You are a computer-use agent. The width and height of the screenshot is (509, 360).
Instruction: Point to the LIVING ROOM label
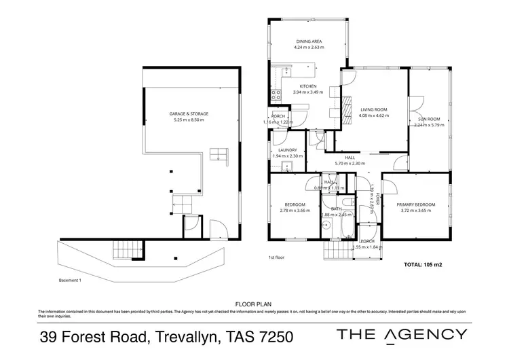373,109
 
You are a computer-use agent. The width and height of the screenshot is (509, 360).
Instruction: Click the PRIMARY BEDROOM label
416,204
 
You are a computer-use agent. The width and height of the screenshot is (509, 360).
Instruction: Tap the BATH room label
335,209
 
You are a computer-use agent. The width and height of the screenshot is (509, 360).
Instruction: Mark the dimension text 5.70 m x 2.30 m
350,163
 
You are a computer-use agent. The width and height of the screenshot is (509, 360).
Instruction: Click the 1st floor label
276,258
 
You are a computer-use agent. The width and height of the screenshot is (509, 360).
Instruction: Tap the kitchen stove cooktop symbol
276,95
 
